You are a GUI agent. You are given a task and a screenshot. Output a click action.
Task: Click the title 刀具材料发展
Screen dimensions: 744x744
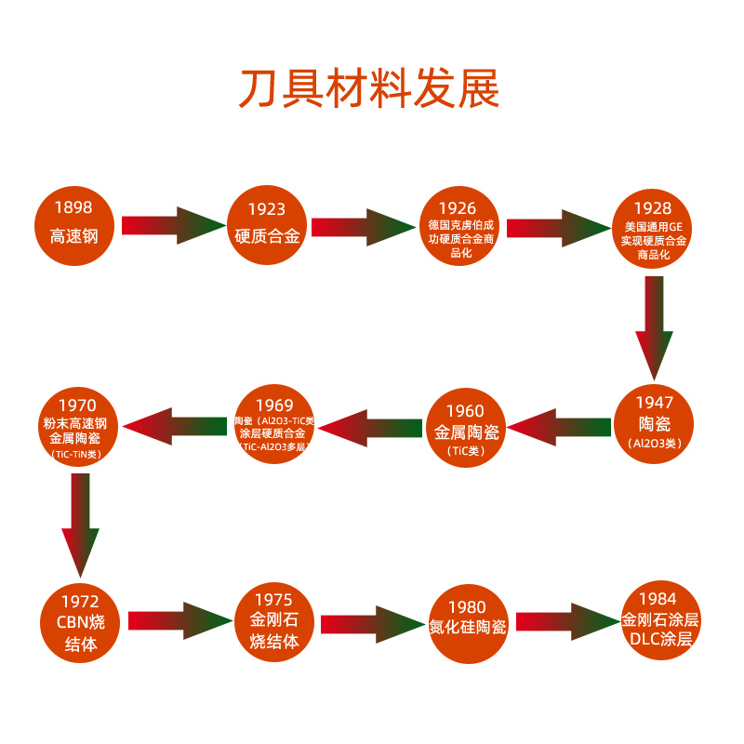(x=370, y=89)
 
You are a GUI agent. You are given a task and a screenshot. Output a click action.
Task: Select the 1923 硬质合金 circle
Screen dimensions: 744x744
(x=267, y=226)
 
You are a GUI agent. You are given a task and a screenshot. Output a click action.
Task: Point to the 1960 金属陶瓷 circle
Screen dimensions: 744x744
(x=466, y=428)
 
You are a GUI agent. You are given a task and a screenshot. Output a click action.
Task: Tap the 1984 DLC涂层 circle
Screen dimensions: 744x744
(x=660, y=618)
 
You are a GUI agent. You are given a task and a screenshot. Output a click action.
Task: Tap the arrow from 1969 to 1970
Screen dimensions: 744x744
(x=175, y=427)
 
